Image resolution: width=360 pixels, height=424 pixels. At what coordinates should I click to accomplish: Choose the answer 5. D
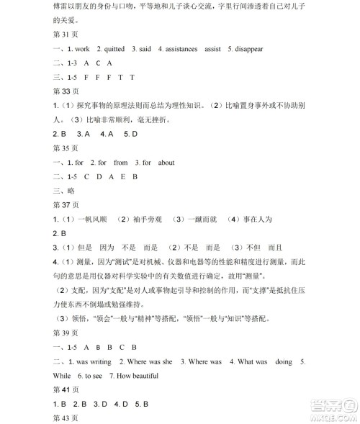pos(130,134)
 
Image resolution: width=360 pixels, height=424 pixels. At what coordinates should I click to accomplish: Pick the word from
pos(120,163)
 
